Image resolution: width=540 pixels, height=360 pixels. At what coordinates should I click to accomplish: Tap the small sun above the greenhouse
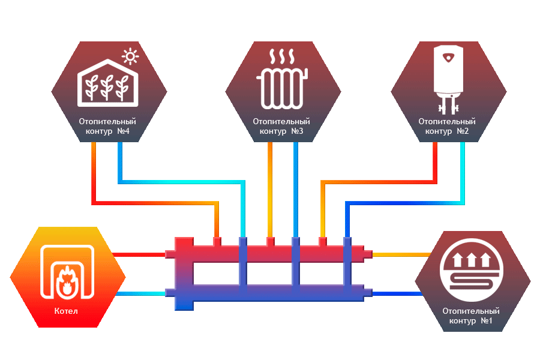(129, 58)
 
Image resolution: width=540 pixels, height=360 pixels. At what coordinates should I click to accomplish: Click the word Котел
(65, 311)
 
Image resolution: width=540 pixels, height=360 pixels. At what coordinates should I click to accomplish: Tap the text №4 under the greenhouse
(122, 131)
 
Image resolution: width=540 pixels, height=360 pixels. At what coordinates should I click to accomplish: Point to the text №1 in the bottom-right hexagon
(486, 321)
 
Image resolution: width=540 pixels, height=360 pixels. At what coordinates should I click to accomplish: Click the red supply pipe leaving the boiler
(141, 254)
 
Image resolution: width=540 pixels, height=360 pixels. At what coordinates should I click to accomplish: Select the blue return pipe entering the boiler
(141, 293)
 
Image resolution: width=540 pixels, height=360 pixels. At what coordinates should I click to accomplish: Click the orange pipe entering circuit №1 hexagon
(399, 254)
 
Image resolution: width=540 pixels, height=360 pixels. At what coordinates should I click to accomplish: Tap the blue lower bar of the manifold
(270, 293)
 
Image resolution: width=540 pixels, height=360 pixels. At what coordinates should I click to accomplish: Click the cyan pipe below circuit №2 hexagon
(463, 174)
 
